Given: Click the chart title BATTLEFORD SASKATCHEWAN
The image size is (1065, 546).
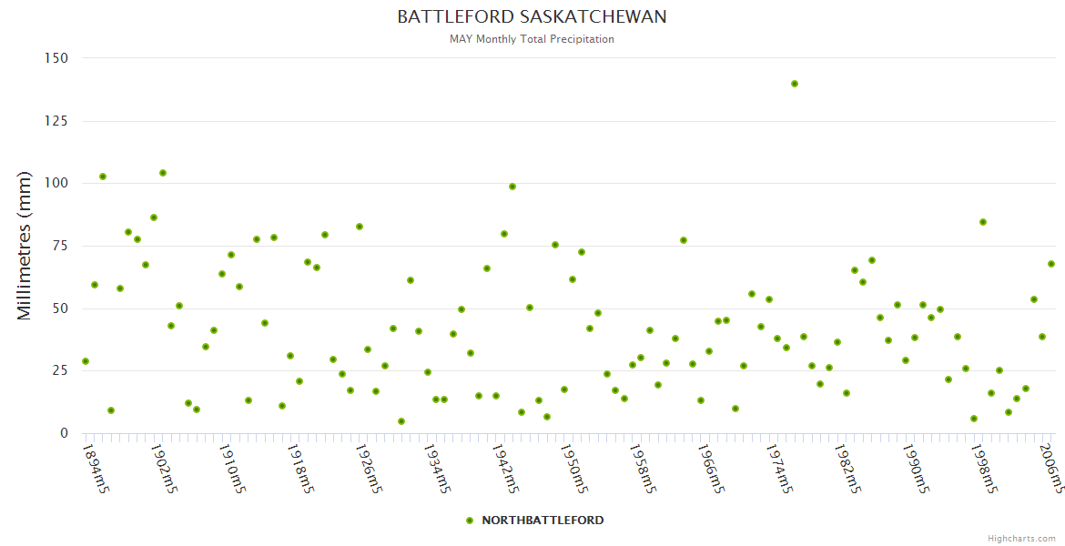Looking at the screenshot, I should (532, 17).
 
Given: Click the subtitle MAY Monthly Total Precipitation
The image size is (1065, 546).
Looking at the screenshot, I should (532, 39).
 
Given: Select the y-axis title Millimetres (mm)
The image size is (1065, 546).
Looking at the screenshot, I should (25, 246).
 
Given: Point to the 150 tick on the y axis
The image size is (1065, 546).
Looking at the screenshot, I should (56, 58).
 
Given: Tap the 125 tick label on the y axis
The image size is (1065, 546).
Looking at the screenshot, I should (56, 121).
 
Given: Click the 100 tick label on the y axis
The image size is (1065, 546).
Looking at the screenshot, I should (56, 183).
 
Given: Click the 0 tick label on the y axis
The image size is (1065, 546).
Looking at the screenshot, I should (64, 433).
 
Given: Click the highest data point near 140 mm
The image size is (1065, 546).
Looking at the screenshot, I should (795, 84).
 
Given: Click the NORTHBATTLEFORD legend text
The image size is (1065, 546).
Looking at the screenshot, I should (543, 521).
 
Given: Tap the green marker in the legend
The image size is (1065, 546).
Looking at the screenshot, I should (470, 521).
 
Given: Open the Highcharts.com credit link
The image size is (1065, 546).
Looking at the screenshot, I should (1021, 539).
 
